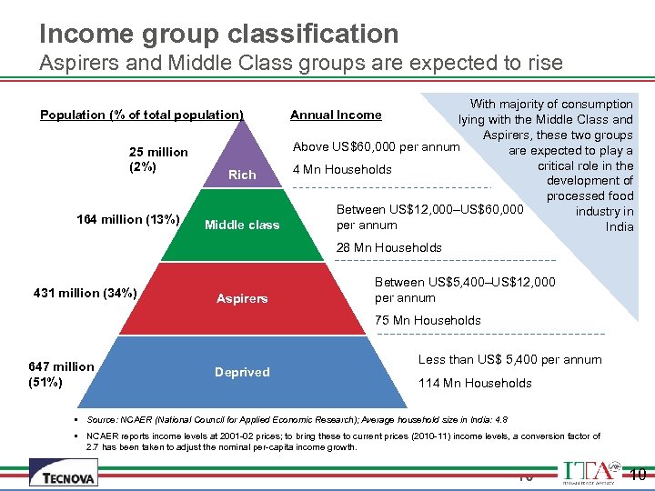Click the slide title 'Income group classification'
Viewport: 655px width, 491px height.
[219, 34]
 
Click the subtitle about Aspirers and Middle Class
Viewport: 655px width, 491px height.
[301, 65]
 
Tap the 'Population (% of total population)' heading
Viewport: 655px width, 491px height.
[142, 115]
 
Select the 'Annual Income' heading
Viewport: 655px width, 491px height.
[336, 115]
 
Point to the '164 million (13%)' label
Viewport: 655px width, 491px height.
[127, 219]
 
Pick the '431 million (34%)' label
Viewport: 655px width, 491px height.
[85, 293]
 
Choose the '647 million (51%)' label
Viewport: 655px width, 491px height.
[61, 374]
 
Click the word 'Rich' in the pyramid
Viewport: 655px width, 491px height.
[242, 175]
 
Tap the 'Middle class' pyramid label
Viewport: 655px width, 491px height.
[242, 225]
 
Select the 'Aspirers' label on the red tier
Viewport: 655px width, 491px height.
[242, 298]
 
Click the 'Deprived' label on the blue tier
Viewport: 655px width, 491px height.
[242, 372]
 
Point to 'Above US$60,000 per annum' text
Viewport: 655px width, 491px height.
[376, 147]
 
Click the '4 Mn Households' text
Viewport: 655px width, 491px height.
[341, 169]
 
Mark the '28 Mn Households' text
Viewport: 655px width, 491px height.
[389, 247]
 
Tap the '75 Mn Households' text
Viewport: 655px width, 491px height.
[428, 320]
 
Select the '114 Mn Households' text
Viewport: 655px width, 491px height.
[475, 383]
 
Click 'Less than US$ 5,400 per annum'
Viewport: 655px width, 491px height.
[509, 359]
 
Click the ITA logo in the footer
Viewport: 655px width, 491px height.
[590, 472]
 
